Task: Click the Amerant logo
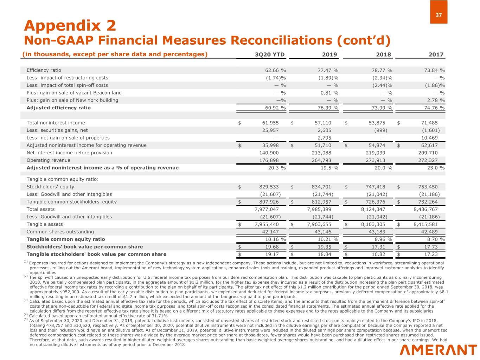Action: pyautogui.click(x=438, y=350)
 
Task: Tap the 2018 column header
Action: pyautogui.click(x=383, y=54)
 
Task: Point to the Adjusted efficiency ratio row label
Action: pyautogui.click(x=58, y=108)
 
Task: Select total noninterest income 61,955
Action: pyautogui.click(x=270, y=123)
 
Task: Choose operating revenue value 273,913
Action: pyautogui.click(x=375, y=160)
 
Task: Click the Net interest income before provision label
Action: pyautogui.click(x=69, y=153)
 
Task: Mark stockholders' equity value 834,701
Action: pyautogui.click(x=322, y=187)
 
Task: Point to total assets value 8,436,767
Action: pyautogui.click(x=425, y=209)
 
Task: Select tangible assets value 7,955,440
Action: pyautogui.click(x=267, y=224)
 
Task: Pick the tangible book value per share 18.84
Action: pyautogui.click(x=325, y=254)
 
